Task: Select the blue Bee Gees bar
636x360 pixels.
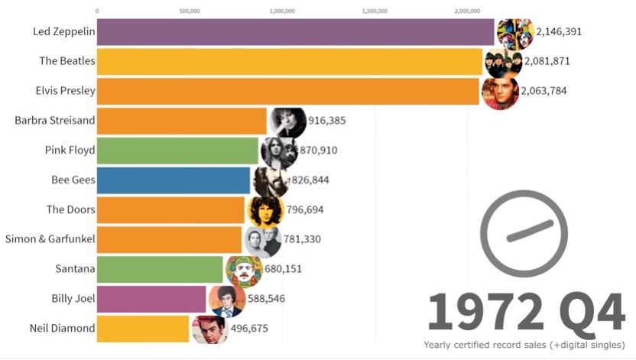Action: [x=174, y=180]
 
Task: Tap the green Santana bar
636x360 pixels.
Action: [x=161, y=269]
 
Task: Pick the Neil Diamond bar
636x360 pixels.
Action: [x=143, y=329]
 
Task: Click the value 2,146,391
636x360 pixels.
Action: [x=564, y=32]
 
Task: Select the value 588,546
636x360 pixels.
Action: [x=265, y=298]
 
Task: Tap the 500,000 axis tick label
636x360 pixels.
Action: [x=190, y=11]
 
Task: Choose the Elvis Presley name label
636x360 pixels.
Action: [x=65, y=91]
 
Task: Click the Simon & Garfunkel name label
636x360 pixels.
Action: [x=50, y=239]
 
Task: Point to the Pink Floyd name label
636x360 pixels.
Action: [x=70, y=150]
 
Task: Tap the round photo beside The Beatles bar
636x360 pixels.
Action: [x=502, y=62]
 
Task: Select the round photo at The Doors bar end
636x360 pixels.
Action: [x=264, y=209]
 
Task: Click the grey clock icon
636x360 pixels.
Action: [x=524, y=233]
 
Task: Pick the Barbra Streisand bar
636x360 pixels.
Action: [x=182, y=121]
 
